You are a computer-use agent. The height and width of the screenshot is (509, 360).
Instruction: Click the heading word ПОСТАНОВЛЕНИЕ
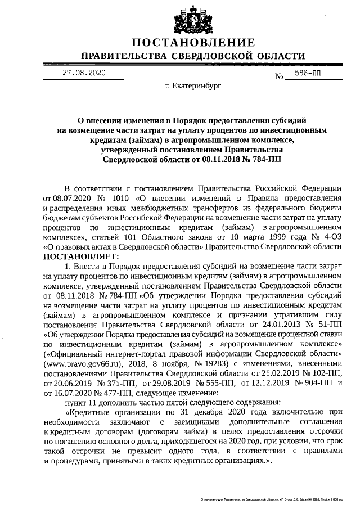coord(193,43)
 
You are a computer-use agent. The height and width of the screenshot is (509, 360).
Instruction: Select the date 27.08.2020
coord(84,73)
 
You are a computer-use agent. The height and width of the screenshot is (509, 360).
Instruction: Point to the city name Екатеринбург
coord(193,87)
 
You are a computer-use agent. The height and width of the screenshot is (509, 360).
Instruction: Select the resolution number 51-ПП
coord(327,325)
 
